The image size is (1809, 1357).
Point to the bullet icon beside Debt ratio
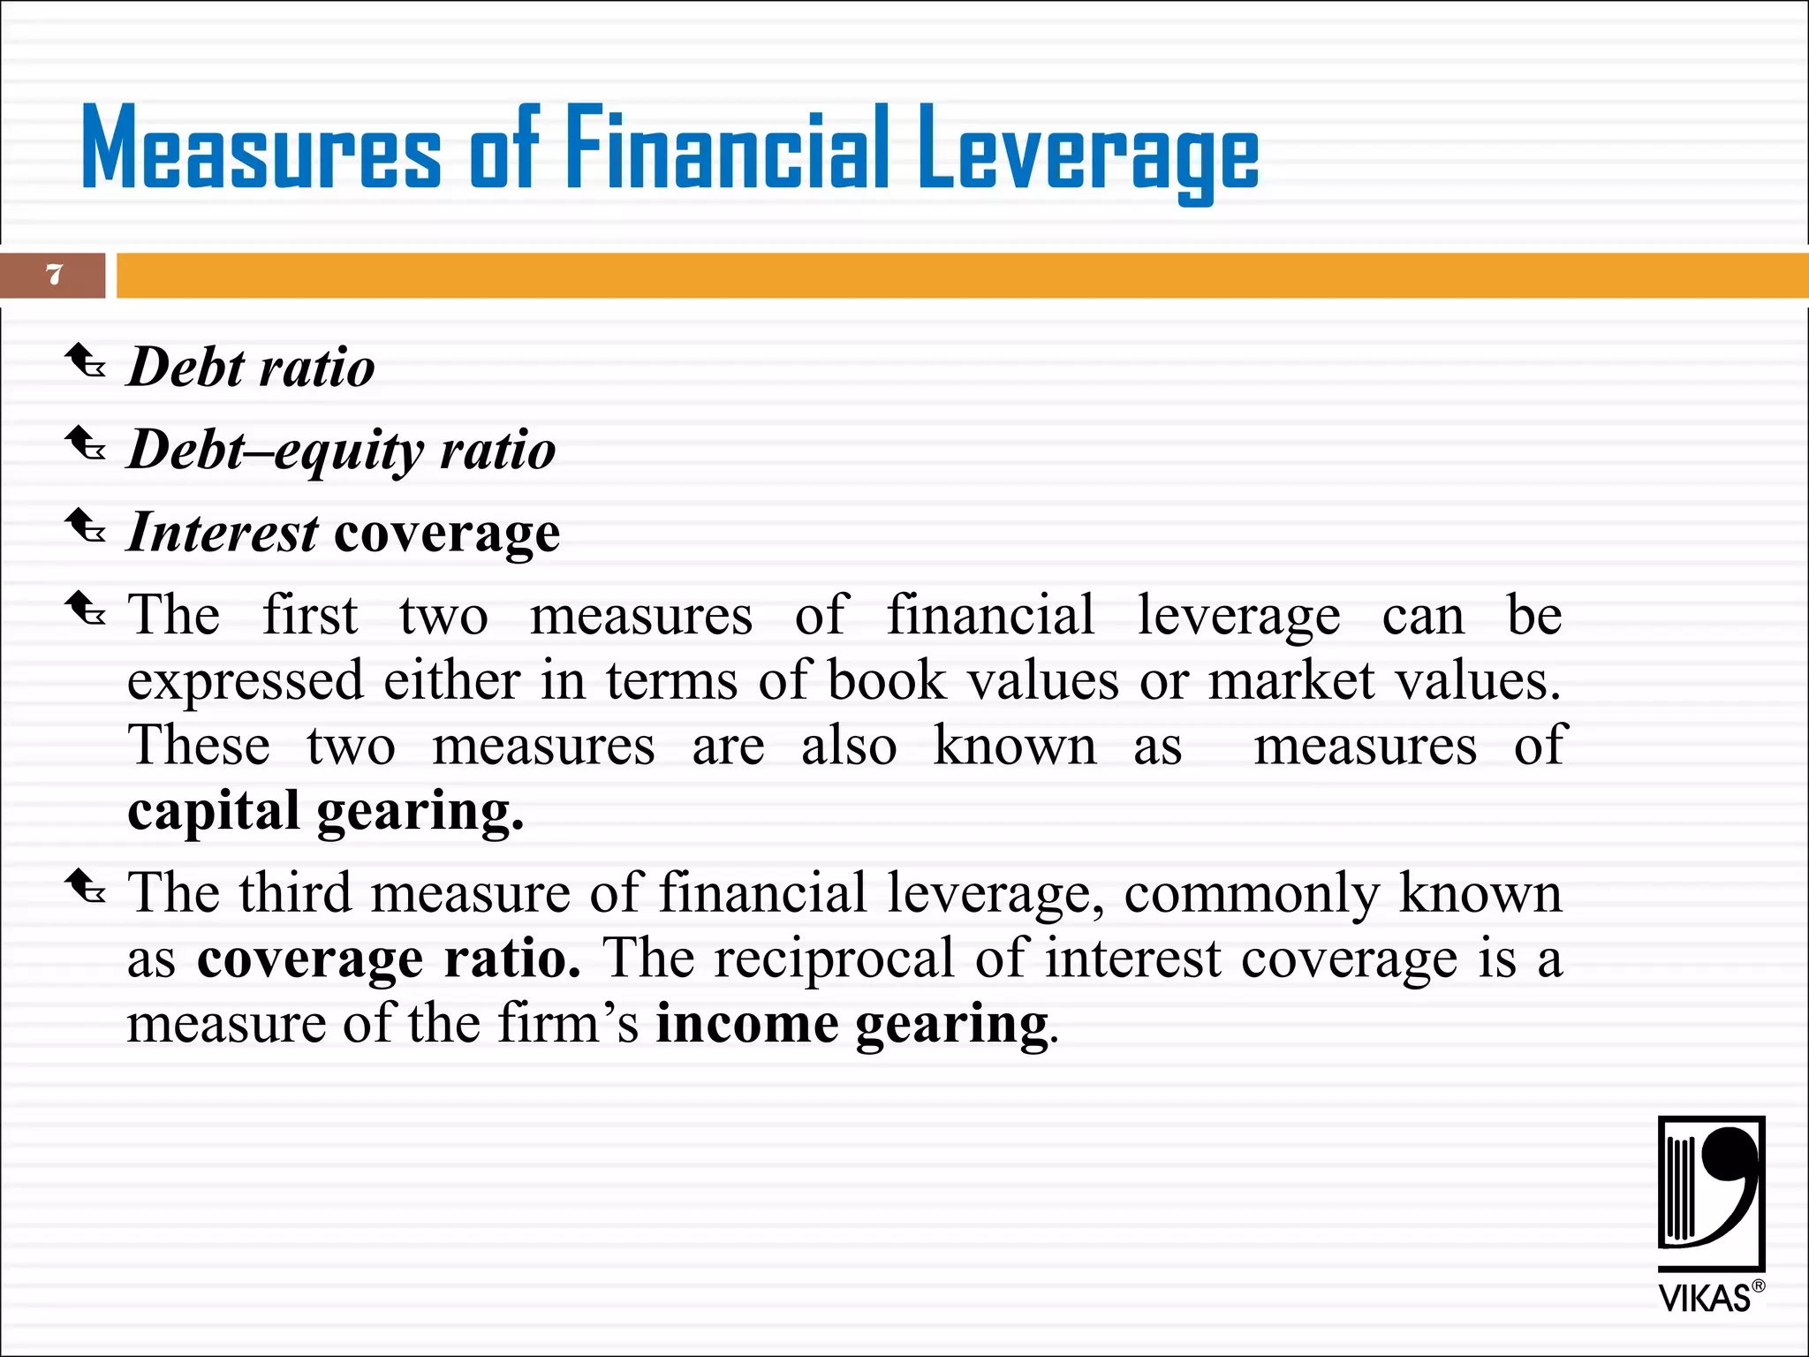(86, 362)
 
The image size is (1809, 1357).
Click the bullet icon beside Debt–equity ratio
(86, 444)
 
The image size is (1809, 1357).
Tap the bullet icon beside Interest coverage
(86, 527)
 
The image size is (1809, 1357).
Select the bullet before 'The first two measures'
(86, 609)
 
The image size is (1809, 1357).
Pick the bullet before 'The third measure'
(86, 886)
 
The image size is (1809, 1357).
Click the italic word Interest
(223, 533)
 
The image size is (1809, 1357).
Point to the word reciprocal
(835, 959)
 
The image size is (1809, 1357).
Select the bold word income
(746, 1025)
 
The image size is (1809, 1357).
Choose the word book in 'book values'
(887, 681)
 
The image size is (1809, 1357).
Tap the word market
(1291, 681)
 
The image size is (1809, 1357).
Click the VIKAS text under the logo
(1704, 1299)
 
